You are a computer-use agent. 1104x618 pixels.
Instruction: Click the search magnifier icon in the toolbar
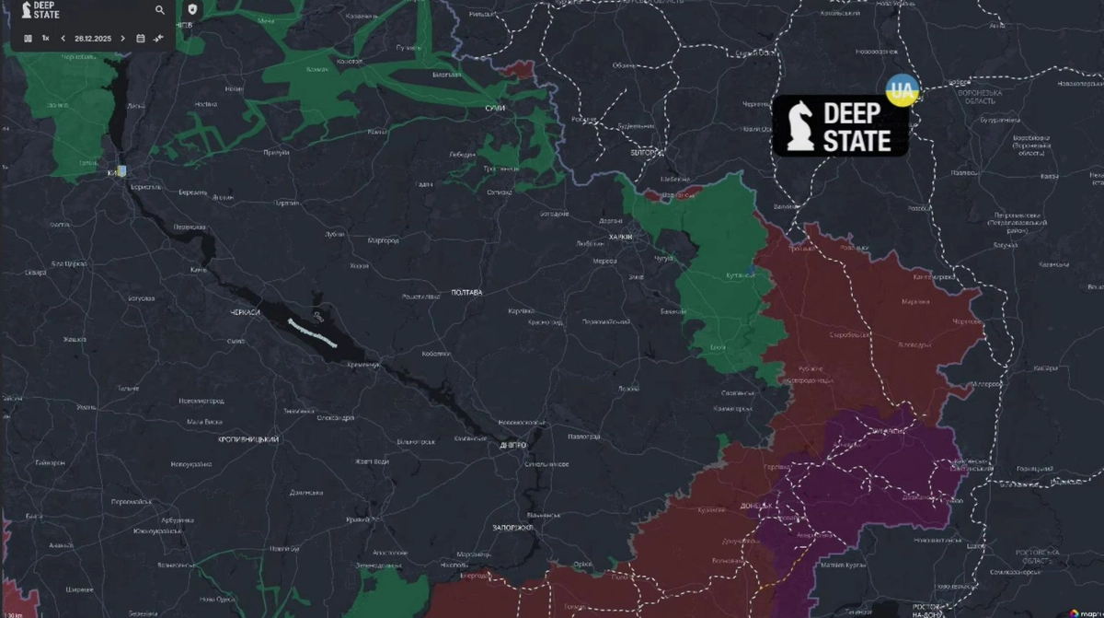[x=160, y=10]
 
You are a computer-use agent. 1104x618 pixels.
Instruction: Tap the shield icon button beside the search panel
[x=191, y=9]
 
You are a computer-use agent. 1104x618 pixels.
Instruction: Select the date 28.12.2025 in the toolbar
[x=93, y=39]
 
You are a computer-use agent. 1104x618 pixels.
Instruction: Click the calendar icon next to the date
[x=140, y=39]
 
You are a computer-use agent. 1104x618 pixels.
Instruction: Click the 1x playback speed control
[x=45, y=39]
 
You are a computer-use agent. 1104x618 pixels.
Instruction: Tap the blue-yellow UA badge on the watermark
[x=902, y=91]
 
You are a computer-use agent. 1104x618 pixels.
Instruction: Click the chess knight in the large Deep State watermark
[x=799, y=126]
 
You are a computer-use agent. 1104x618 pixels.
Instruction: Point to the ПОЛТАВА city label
[x=466, y=293]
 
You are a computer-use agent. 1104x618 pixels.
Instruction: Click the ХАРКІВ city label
[x=621, y=237]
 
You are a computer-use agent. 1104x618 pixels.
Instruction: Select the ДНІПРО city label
[x=512, y=445]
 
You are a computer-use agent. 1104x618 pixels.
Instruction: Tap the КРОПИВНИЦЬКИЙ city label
[x=248, y=439]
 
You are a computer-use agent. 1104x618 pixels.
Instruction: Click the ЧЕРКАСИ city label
[x=245, y=313]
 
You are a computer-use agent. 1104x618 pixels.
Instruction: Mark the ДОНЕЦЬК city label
[x=756, y=507]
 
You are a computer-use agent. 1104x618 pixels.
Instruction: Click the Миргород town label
[x=383, y=241]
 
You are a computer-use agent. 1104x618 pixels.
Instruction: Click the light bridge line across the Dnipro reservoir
[x=313, y=332]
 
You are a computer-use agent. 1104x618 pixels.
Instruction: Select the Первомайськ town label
[x=130, y=502]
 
